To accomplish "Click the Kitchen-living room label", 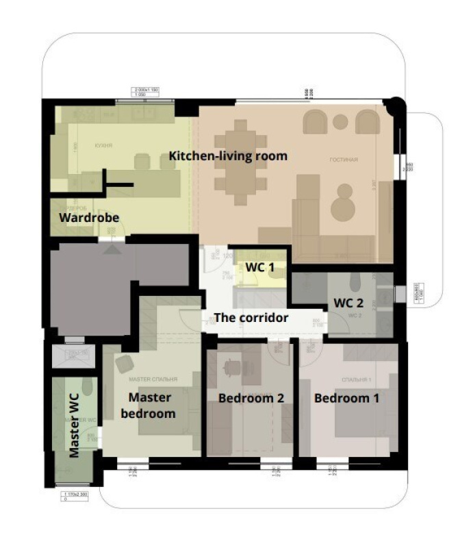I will tap(228, 156).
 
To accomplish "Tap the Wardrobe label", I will tap(89, 218).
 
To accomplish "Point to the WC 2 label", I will tap(348, 302).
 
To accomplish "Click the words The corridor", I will tap(251, 318).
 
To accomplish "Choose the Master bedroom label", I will tap(151, 405).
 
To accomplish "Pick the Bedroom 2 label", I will tap(251, 398).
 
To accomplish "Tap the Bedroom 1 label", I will tap(346, 397).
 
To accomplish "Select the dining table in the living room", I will tap(239, 162).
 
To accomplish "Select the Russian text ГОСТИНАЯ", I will tap(343, 160).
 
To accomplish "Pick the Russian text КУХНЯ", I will tap(103, 145).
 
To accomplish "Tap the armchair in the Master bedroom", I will tap(124, 364).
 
